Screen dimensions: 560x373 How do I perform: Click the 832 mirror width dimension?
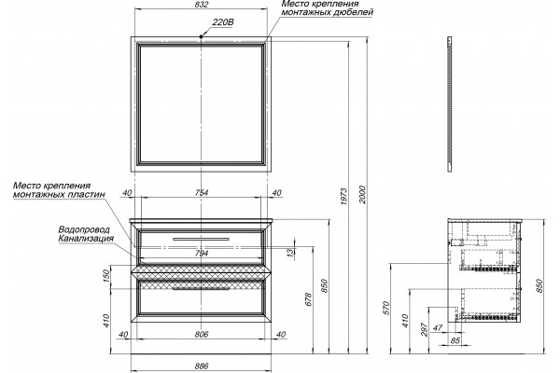(x=202, y=5)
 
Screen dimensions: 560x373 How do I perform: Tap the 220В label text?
(x=223, y=22)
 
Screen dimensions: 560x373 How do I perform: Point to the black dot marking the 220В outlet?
(x=202, y=36)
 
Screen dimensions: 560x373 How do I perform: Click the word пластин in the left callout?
(x=89, y=195)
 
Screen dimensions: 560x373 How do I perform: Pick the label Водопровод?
(x=84, y=230)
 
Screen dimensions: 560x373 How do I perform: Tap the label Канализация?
(x=86, y=239)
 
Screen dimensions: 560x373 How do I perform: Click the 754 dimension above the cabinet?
(x=202, y=193)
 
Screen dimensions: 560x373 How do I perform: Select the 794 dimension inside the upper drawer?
(x=202, y=254)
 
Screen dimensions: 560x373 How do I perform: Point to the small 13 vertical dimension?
(x=291, y=252)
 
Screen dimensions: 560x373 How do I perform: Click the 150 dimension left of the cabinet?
(x=105, y=276)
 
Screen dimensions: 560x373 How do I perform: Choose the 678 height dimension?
(x=309, y=299)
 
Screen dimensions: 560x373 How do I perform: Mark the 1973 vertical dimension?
(x=343, y=197)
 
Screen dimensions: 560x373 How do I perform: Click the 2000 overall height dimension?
(x=362, y=195)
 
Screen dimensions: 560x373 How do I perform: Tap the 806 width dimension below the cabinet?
(x=202, y=335)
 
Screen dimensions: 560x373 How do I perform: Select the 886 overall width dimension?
(x=202, y=366)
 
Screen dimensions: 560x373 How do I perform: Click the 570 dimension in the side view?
(x=385, y=309)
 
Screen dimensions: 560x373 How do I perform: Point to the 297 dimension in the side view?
(x=424, y=329)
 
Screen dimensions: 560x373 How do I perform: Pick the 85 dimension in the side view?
(x=455, y=341)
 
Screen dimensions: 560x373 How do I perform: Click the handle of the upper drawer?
(x=201, y=239)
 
